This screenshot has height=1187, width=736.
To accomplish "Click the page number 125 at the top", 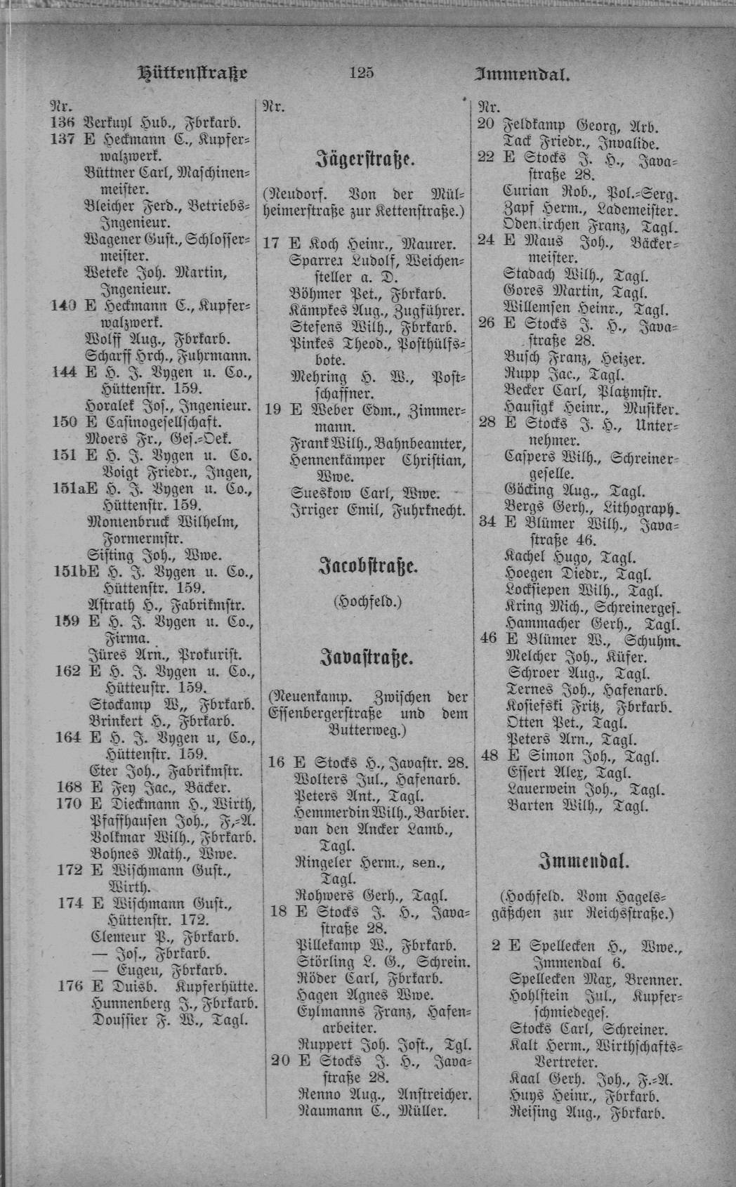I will coord(362,72).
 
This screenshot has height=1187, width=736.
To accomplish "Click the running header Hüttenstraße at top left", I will coord(192,72).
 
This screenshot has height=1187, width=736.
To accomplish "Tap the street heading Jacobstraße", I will coord(367,566).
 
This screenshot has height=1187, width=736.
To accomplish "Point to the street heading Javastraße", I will coord(367,659).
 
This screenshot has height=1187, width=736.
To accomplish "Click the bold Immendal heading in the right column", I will coord(583,861).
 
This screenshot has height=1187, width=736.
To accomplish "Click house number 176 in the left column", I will coord(70,986).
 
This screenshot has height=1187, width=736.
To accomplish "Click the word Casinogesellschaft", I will coord(163,422).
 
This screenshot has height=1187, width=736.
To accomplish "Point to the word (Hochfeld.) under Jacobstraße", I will coord(367,602).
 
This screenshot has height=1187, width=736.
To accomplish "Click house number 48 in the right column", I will coord(488,756).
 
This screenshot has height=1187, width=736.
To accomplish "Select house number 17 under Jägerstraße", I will coord(272,244).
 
